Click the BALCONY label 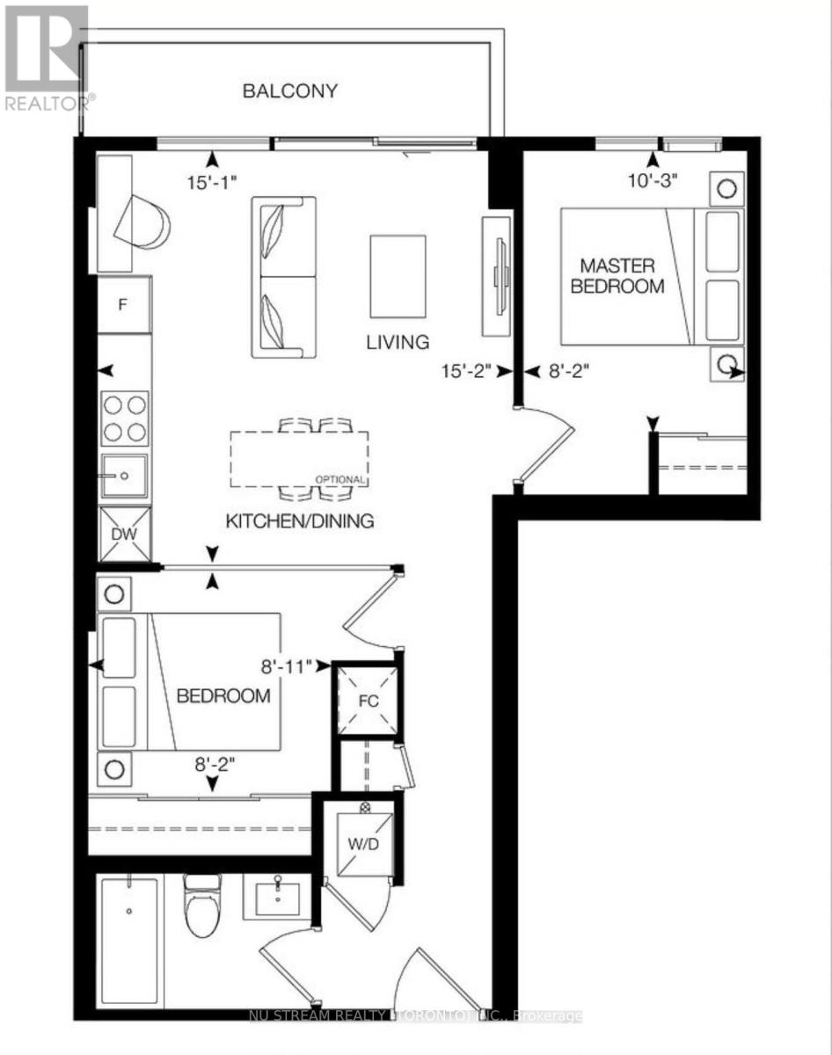290,91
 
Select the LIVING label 398,342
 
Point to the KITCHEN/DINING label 300,520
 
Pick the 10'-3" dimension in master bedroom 652,181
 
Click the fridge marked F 124,305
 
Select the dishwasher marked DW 125,535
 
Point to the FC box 368,703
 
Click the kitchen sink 125,476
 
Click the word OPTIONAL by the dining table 341,479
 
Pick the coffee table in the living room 398,276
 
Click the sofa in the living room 283,277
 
